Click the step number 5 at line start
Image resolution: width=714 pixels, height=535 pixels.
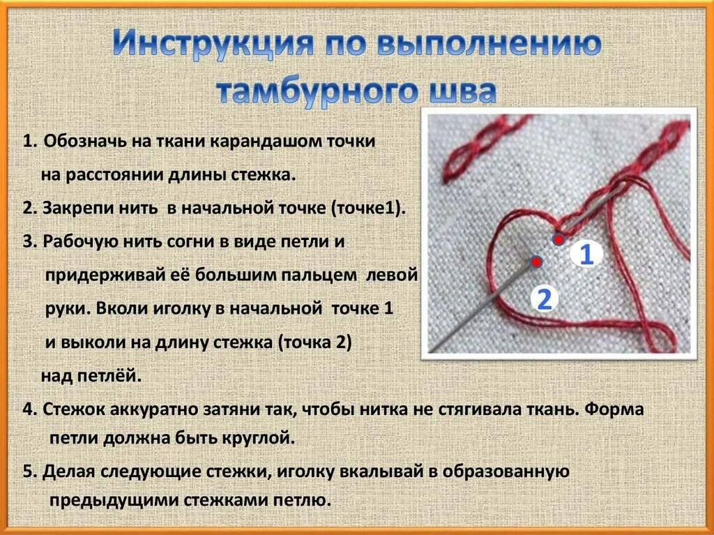27,471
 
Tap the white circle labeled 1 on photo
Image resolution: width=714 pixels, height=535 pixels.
586,255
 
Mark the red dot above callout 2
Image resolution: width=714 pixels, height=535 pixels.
535,262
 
